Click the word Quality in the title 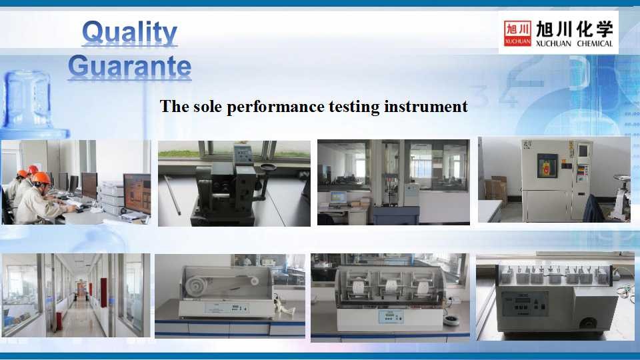tap(129, 32)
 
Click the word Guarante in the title tap(130, 66)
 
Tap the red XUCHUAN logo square tap(517, 33)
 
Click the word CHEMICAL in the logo tap(595, 43)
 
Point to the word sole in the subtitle tap(207, 107)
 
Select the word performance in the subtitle tap(275, 107)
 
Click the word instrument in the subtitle tap(426, 107)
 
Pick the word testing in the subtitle tap(354, 107)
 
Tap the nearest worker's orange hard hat tap(41, 178)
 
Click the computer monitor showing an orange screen tap(137, 193)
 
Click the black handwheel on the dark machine tap(268, 167)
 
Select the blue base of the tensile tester tap(395, 215)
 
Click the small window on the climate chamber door tap(547, 165)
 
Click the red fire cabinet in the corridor tap(103, 292)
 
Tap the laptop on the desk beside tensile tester tap(339, 199)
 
